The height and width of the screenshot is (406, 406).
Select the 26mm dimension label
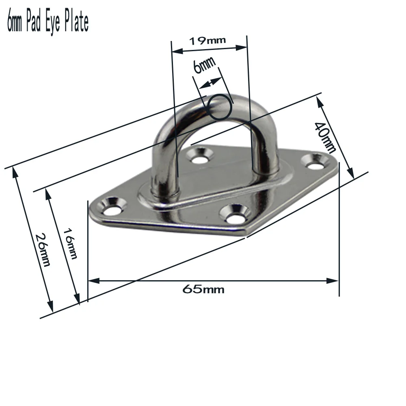(43, 249)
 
